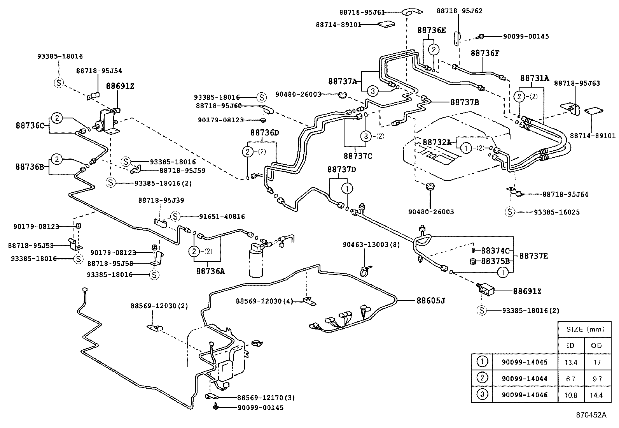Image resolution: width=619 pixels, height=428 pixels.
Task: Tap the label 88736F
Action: pos(485,53)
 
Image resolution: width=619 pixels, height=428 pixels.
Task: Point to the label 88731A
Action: pos(534,78)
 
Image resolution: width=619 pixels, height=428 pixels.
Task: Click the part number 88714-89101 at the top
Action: pos(338,25)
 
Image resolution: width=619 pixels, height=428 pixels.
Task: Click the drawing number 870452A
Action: pos(591,415)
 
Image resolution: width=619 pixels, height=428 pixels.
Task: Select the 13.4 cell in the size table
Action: pos(570,362)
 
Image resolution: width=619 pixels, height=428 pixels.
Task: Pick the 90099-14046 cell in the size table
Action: pos(524,395)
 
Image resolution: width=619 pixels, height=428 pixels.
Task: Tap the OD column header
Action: pos(596,345)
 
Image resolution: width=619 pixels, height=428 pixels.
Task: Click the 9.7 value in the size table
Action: pos(597,379)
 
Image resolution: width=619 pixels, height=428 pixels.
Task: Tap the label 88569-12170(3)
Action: pos(266,398)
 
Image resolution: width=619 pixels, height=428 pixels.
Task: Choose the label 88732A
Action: pos(437,143)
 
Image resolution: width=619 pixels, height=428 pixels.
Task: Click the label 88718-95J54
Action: pos(99,71)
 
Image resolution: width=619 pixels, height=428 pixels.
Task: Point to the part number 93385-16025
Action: pos(556,212)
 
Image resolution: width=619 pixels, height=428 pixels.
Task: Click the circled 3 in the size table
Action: pos(482,395)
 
